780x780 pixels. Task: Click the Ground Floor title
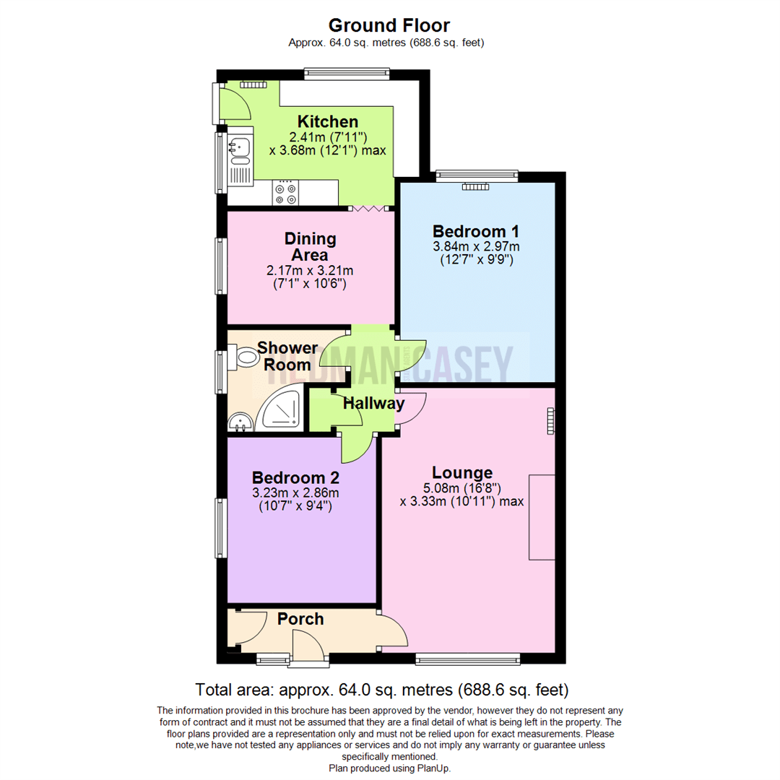389,25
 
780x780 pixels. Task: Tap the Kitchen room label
328,121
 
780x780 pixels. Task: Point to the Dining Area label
310,246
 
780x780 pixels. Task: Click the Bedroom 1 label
475,231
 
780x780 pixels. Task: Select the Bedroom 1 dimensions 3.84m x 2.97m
475,246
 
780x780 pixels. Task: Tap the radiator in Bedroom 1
476,186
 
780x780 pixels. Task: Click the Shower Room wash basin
238,421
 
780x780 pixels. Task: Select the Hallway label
373,403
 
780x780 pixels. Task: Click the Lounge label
468,472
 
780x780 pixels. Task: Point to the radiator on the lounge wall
551,421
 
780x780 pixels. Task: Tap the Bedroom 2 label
295,477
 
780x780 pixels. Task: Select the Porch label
300,619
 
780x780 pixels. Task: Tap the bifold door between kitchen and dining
370,208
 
